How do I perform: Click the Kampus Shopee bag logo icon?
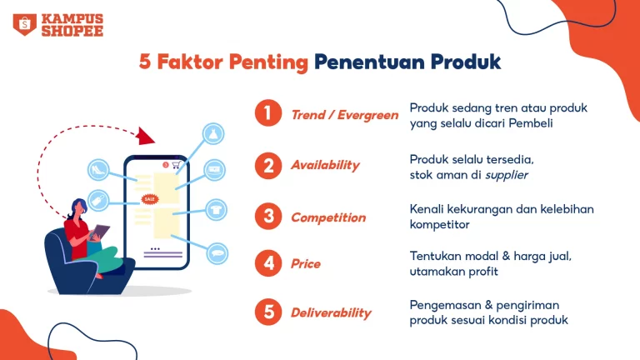[x=25, y=24]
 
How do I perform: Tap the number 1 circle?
[x=268, y=113]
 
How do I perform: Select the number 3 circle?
[x=268, y=216]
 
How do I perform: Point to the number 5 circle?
[x=268, y=312]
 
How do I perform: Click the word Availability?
[x=325, y=165]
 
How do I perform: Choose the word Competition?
[x=328, y=217]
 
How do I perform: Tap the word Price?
[x=306, y=263]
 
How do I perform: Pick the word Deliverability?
[x=331, y=312]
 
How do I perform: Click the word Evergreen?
[x=367, y=116]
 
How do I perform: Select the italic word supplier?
[x=506, y=176]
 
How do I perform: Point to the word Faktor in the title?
[x=190, y=62]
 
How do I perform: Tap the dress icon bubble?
[x=213, y=133]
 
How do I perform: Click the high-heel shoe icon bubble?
[x=98, y=169]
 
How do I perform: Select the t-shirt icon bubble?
[x=216, y=210]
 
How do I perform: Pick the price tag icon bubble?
[x=98, y=200]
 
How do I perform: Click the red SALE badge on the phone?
[x=150, y=199]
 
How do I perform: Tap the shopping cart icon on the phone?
[x=176, y=165]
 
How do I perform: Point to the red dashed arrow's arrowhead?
[x=146, y=136]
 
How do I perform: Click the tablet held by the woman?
[x=100, y=232]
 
